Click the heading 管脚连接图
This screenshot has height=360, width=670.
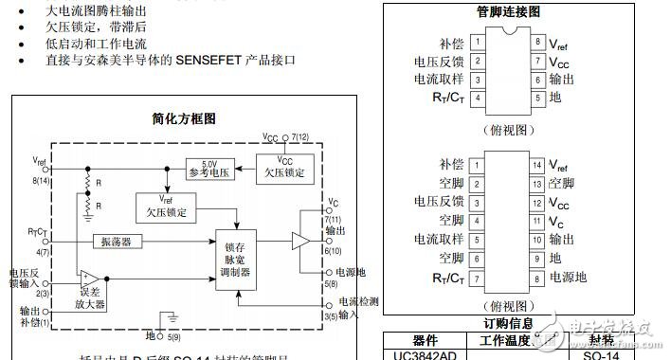coord(508,12)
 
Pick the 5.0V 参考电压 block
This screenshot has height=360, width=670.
coord(209,168)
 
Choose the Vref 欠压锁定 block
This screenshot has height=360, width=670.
coord(167,205)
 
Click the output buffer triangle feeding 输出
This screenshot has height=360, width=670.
coord(300,243)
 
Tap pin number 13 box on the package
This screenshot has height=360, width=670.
coord(537,183)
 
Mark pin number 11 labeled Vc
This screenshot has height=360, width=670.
coord(537,221)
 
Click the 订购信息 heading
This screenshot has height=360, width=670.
coord(510,324)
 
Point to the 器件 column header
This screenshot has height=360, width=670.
coord(418,338)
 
